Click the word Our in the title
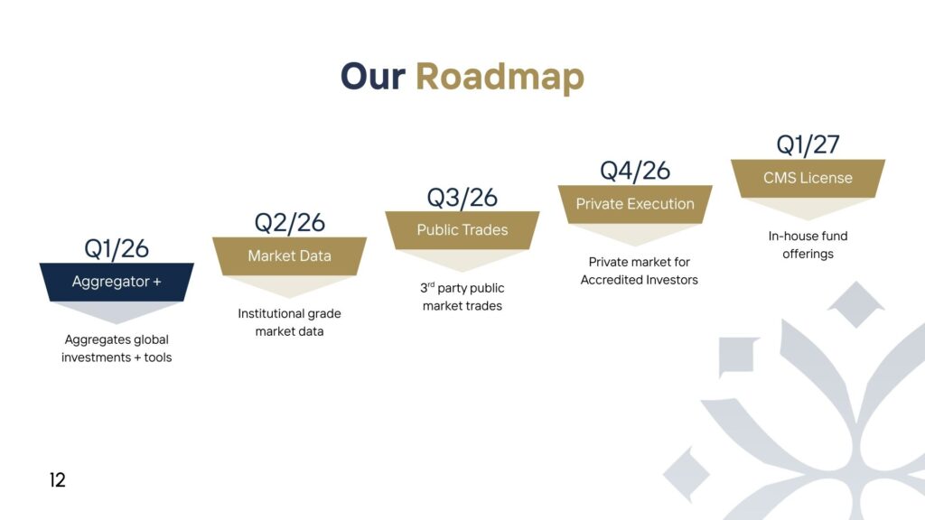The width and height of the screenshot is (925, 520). click(372, 77)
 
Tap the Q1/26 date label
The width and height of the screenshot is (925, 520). click(117, 247)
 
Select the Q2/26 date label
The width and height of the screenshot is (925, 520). click(289, 222)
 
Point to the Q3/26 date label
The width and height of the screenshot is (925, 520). click(462, 197)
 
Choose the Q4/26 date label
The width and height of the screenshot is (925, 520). click(635, 171)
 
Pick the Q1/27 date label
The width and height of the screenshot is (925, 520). click(808, 144)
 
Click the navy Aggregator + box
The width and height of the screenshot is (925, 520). click(117, 282)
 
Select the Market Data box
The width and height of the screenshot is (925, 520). click(289, 255)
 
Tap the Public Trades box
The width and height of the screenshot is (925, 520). click(462, 230)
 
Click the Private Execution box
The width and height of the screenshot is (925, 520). click(635, 204)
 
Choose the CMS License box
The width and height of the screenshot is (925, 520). click(808, 178)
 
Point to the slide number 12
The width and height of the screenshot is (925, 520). click(58, 480)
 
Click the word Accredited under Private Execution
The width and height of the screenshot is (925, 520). click(614, 280)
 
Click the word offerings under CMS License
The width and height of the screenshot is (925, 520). click(808, 254)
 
